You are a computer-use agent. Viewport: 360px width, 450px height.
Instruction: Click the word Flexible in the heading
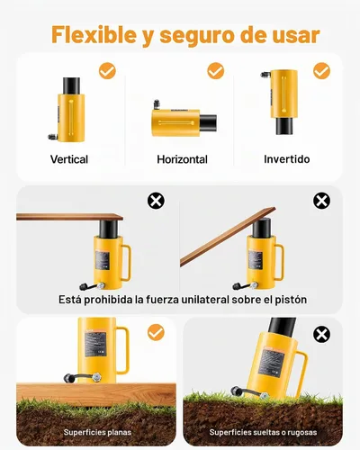[x=94, y=35]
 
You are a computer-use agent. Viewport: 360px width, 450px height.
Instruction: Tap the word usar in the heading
[x=296, y=35]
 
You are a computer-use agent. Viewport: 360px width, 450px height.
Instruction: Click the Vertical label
[x=69, y=159]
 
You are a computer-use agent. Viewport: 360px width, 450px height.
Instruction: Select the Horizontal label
[x=182, y=159]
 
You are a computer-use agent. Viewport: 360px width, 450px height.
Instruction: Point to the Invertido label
[x=287, y=159]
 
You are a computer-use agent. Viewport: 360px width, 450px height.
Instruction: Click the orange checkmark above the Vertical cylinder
[x=107, y=71]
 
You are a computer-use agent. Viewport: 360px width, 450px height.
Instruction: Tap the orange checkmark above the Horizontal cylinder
[x=216, y=71]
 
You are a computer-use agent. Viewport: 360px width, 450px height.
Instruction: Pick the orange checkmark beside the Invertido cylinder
[x=321, y=71]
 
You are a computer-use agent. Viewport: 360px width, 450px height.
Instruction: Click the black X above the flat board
[x=156, y=201]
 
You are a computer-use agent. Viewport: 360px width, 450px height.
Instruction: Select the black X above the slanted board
[x=321, y=201]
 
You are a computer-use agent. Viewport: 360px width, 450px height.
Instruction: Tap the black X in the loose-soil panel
[x=321, y=334]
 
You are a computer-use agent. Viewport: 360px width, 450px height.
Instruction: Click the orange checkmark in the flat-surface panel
[x=156, y=332]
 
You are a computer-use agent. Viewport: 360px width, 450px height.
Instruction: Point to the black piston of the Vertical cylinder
[x=71, y=85]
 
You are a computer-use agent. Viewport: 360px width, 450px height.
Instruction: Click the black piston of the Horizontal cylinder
[x=208, y=122]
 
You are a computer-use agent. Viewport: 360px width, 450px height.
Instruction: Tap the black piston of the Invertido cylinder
[x=284, y=126]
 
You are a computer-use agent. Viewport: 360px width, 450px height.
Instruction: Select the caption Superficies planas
[x=97, y=432]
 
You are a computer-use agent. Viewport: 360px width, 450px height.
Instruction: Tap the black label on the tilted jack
[x=271, y=363]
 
